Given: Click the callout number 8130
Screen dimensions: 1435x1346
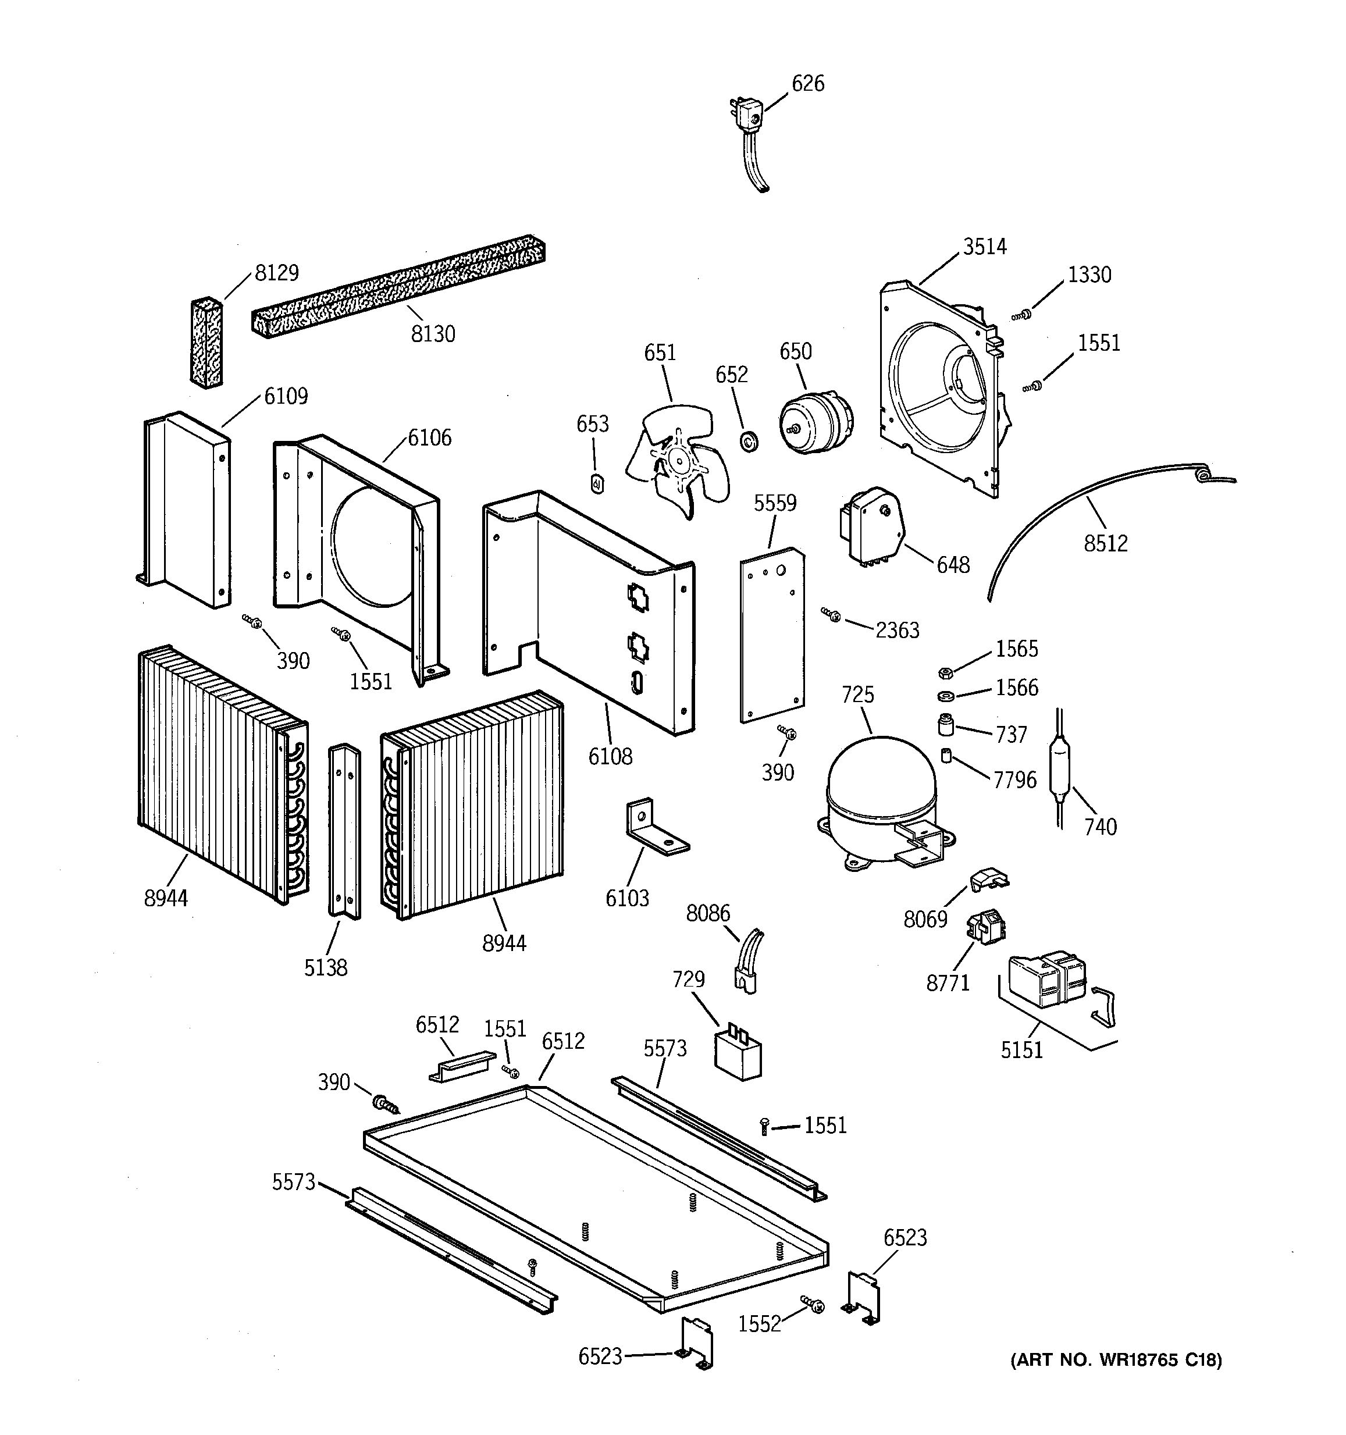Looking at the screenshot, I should point(433,334).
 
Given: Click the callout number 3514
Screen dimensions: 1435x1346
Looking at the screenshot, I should point(984,247).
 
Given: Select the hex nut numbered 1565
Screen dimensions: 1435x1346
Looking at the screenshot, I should point(945,673).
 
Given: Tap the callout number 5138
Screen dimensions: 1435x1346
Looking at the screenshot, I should point(326,968).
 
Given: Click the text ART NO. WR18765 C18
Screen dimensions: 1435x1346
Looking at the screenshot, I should point(1115,1361).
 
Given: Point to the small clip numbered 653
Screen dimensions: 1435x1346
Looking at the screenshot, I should point(597,483).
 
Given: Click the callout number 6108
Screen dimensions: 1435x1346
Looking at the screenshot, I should point(610,757).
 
